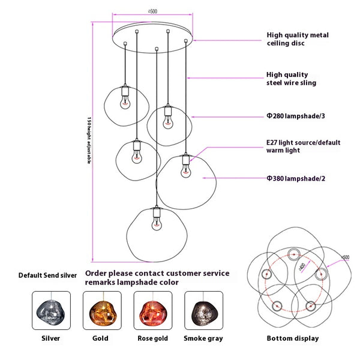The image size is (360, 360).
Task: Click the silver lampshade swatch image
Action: (x=51, y=310)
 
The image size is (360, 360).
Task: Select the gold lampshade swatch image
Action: (x=101, y=310)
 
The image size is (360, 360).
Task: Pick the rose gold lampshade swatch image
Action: (x=152, y=310)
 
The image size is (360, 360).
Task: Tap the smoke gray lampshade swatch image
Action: (x=203, y=310)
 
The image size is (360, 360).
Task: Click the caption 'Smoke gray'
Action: (x=203, y=338)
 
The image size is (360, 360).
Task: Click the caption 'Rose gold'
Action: (x=152, y=338)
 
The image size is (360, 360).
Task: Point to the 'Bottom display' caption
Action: (x=293, y=338)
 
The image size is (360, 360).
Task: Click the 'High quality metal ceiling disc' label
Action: (x=298, y=39)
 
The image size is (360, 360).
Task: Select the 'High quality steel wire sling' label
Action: (x=291, y=79)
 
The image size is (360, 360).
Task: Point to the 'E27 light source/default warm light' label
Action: (x=303, y=146)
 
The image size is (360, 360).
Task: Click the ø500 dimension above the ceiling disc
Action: (x=152, y=11)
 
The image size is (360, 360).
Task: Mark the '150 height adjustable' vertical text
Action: (x=89, y=141)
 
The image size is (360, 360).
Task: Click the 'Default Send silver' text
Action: (x=48, y=275)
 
